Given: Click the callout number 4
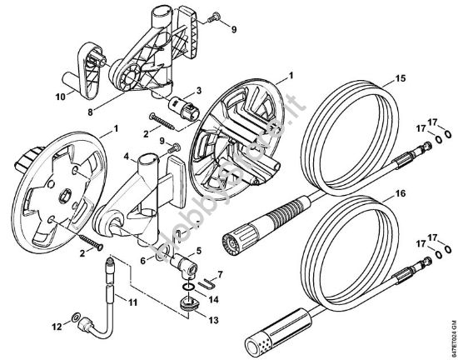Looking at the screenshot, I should (x=125, y=156).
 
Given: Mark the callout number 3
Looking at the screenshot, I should (x=198, y=91).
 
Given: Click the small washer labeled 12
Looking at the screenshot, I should (x=77, y=318).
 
